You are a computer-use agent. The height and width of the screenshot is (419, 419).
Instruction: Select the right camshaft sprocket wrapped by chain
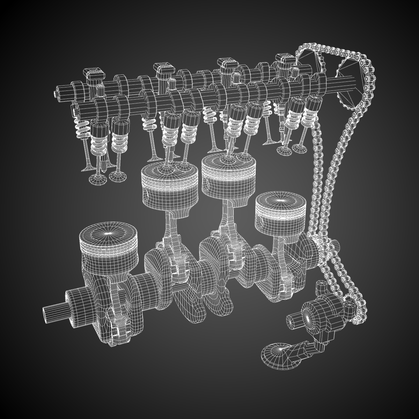tap(349, 82)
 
